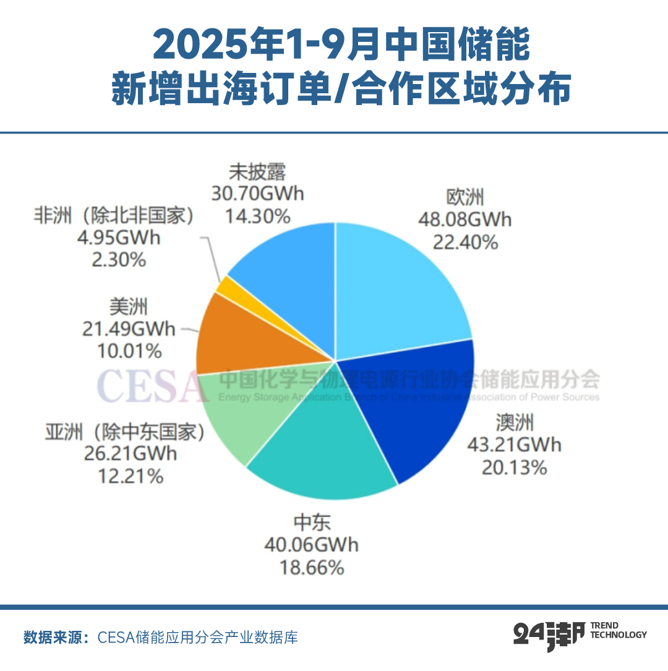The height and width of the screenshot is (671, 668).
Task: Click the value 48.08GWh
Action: coord(465,219)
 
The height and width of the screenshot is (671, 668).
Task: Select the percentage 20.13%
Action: coord(514,467)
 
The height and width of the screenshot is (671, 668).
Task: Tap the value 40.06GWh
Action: coord(312,545)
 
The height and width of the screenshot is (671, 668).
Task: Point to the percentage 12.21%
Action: coord(131,476)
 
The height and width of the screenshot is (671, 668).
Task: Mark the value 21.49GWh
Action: coord(129,329)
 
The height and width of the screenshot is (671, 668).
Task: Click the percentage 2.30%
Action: coord(119,260)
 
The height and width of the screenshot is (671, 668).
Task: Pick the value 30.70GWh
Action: coord(257,193)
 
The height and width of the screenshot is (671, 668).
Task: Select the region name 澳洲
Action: coord(514,423)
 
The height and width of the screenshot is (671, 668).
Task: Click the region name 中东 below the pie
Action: coord(312,523)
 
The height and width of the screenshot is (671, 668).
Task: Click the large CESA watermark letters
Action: coord(152,386)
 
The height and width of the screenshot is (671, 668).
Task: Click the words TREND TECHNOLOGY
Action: coord(619,630)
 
